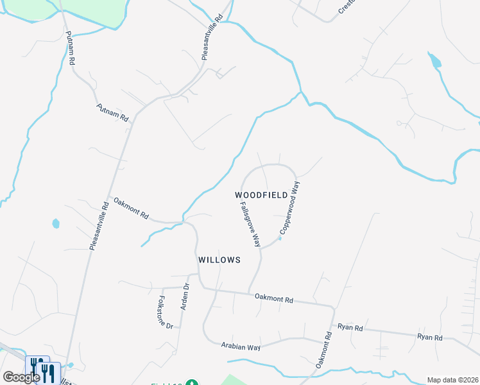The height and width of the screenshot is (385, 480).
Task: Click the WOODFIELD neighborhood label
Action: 261,194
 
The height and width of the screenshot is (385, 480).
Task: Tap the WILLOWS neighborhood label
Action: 219,260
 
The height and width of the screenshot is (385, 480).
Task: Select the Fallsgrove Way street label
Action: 250,225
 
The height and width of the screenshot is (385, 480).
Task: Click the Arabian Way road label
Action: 241,347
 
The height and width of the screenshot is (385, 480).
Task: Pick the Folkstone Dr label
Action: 166,312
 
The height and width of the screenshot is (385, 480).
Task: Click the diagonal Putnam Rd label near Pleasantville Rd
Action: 113,113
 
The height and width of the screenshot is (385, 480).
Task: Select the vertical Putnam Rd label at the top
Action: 70,49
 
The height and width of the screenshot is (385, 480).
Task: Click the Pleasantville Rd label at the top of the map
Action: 212,38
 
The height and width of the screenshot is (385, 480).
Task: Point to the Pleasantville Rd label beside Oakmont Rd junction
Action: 99,225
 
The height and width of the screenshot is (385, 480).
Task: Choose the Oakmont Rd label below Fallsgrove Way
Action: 274,298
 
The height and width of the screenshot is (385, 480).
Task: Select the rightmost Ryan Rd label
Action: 430,337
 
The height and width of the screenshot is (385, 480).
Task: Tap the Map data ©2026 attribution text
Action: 452,380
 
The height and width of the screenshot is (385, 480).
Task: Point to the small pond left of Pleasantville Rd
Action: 56,224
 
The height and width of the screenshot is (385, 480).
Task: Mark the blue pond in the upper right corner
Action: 436,62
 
